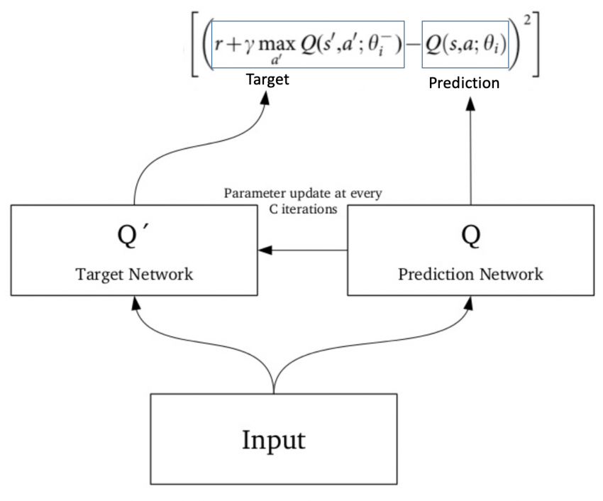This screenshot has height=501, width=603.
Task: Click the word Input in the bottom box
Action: [x=273, y=440]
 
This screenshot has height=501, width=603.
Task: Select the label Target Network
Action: [x=134, y=274]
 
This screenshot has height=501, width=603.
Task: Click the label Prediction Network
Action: [x=470, y=274]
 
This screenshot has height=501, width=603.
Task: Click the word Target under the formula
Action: [x=267, y=79]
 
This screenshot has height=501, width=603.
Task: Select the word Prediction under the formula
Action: [x=464, y=83]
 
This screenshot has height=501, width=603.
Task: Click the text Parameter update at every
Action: [x=302, y=194]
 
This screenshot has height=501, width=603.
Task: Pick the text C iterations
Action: [x=301, y=209]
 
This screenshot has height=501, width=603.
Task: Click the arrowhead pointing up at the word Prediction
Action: [x=470, y=103]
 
